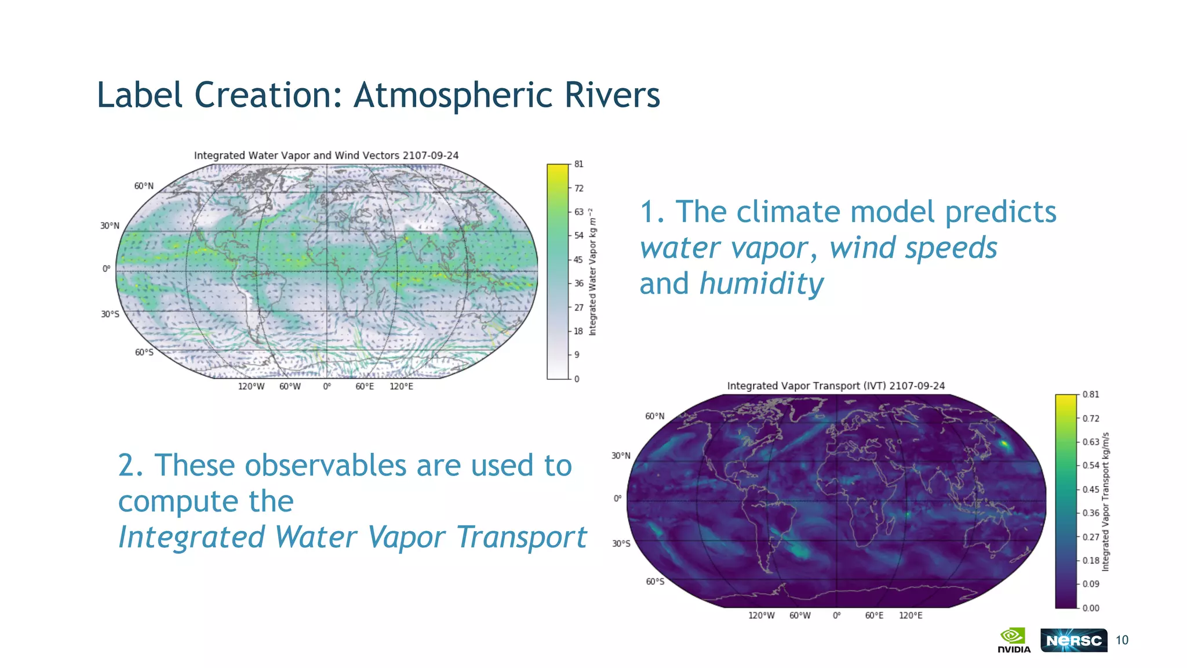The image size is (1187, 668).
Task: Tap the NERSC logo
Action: click(x=1073, y=640)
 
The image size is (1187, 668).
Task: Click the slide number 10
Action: click(x=1122, y=640)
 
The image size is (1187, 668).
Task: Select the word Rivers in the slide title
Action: click(x=612, y=95)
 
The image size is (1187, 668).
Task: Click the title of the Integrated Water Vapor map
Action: click(x=326, y=155)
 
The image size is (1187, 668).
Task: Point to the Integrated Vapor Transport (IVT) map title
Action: click(x=836, y=386)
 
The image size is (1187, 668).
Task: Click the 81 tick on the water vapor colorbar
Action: click(x=578, y=164)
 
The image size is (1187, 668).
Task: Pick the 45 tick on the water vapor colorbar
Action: click(x=578, y=259)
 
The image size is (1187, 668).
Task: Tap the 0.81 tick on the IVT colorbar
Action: click(x=1090, y=394)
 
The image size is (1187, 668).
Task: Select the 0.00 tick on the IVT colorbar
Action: click(x=1090, y=608)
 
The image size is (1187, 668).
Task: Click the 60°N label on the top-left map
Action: click(x=144, y=186)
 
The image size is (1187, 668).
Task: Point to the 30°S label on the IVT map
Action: click(x=621, y=543)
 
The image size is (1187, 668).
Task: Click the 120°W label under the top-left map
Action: click(x=251, y=386)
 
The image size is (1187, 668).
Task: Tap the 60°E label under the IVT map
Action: click(x=874, y=615)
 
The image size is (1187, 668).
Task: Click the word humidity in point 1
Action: click(x=761, y=284)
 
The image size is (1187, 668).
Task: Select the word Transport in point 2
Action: click(x=522, y=537)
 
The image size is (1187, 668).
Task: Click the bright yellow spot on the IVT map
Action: click(x=1004, y=445)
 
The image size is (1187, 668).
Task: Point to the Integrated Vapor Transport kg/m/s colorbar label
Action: click(x=1105, y=502)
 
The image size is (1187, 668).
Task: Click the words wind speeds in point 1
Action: click(x=913, y=248)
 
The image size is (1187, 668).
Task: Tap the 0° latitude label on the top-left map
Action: click(x=106, y=268)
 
